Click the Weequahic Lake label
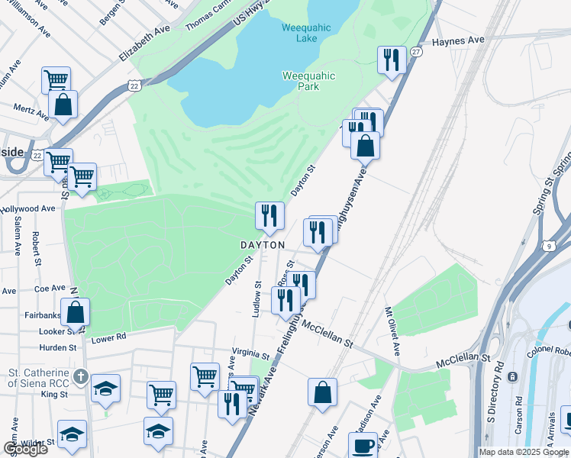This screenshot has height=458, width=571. [x=306, y=33]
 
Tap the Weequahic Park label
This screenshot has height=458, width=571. [x=311, y=81]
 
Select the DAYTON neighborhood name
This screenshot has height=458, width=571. [x=263, y=245]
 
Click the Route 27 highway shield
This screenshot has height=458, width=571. [x=415, y=52]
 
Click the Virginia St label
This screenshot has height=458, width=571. [x=251, y=356]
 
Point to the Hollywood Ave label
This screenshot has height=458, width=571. [x=28, y=208]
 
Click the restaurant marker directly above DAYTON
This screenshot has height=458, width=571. [x=269, y=215]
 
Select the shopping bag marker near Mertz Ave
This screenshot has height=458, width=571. [x=63, y=104]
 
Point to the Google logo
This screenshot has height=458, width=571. [x=24, y=449]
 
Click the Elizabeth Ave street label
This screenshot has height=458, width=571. [x=144, y=44]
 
